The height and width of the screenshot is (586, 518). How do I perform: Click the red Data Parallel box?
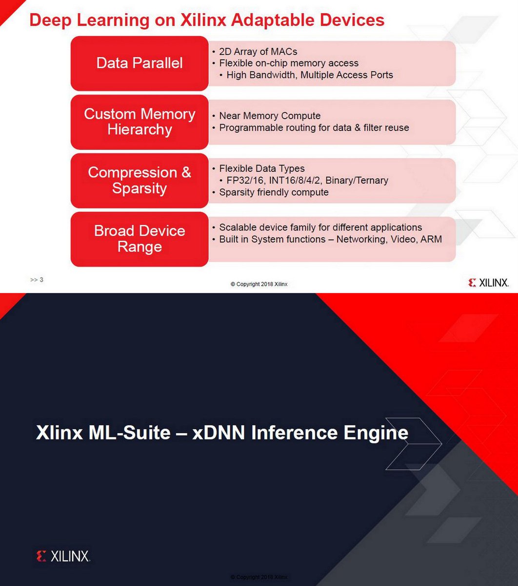click(x=139, y=63)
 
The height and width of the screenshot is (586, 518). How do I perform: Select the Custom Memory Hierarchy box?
click(x=139, y=122)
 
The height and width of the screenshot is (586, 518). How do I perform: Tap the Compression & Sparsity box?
click(x=139, y=180)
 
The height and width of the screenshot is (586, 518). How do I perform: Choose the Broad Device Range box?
click(x=139, y=239)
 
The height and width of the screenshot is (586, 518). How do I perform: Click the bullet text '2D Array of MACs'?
click(x=258, y=51)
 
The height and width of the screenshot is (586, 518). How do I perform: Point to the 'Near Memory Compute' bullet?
click(x=270, y=116)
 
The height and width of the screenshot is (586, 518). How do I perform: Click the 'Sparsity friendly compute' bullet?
click(x=274, y=192)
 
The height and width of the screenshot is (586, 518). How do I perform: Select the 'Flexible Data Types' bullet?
click(x=262, y=168)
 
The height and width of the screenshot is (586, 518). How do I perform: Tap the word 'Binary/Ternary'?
click(x=357, y=180)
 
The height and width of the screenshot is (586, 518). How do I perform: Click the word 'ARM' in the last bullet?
click(x=431, y=239)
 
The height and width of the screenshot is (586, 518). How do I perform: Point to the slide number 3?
click(x=41, y=280)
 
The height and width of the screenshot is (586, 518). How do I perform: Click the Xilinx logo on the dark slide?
click(x=63, y=556)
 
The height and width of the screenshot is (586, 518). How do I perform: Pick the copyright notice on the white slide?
click(x=259, y=284)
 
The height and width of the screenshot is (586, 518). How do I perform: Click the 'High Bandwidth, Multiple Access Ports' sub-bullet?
click(x=310, y=75)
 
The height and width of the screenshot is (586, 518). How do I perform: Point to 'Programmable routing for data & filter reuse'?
click(x=314, y=127)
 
